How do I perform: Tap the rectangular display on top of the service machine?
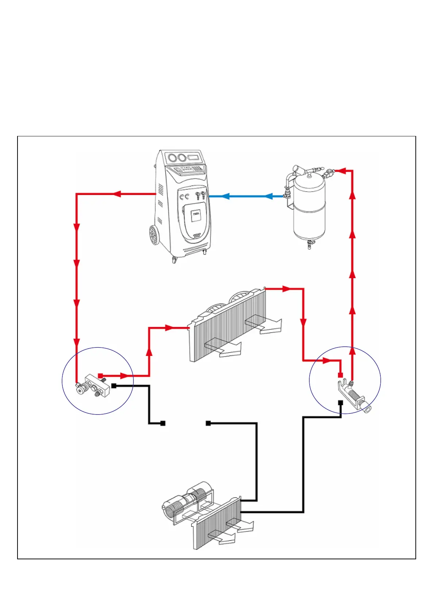(x=193, y=158)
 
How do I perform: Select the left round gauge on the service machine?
(x=170, y=158)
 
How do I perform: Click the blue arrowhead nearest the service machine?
(x=225, y=196)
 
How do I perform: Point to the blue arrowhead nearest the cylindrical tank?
(x=268, y=197)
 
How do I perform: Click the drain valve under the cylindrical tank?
(x=310, y=245)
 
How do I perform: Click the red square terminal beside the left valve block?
(x=100, y=376)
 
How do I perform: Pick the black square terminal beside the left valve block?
(x=114, y=386)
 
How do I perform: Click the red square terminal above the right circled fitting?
(x=340, y=375)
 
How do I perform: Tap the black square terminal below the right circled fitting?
(x=340, y=403)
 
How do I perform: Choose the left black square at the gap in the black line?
(x=163, y=423)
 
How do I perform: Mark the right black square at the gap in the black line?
(x=208, y=423)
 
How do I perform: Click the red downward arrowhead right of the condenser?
(x=303, y=323)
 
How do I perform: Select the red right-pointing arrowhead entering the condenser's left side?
(x=169, y=328)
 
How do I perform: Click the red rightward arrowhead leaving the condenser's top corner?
(x=287, y=289)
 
